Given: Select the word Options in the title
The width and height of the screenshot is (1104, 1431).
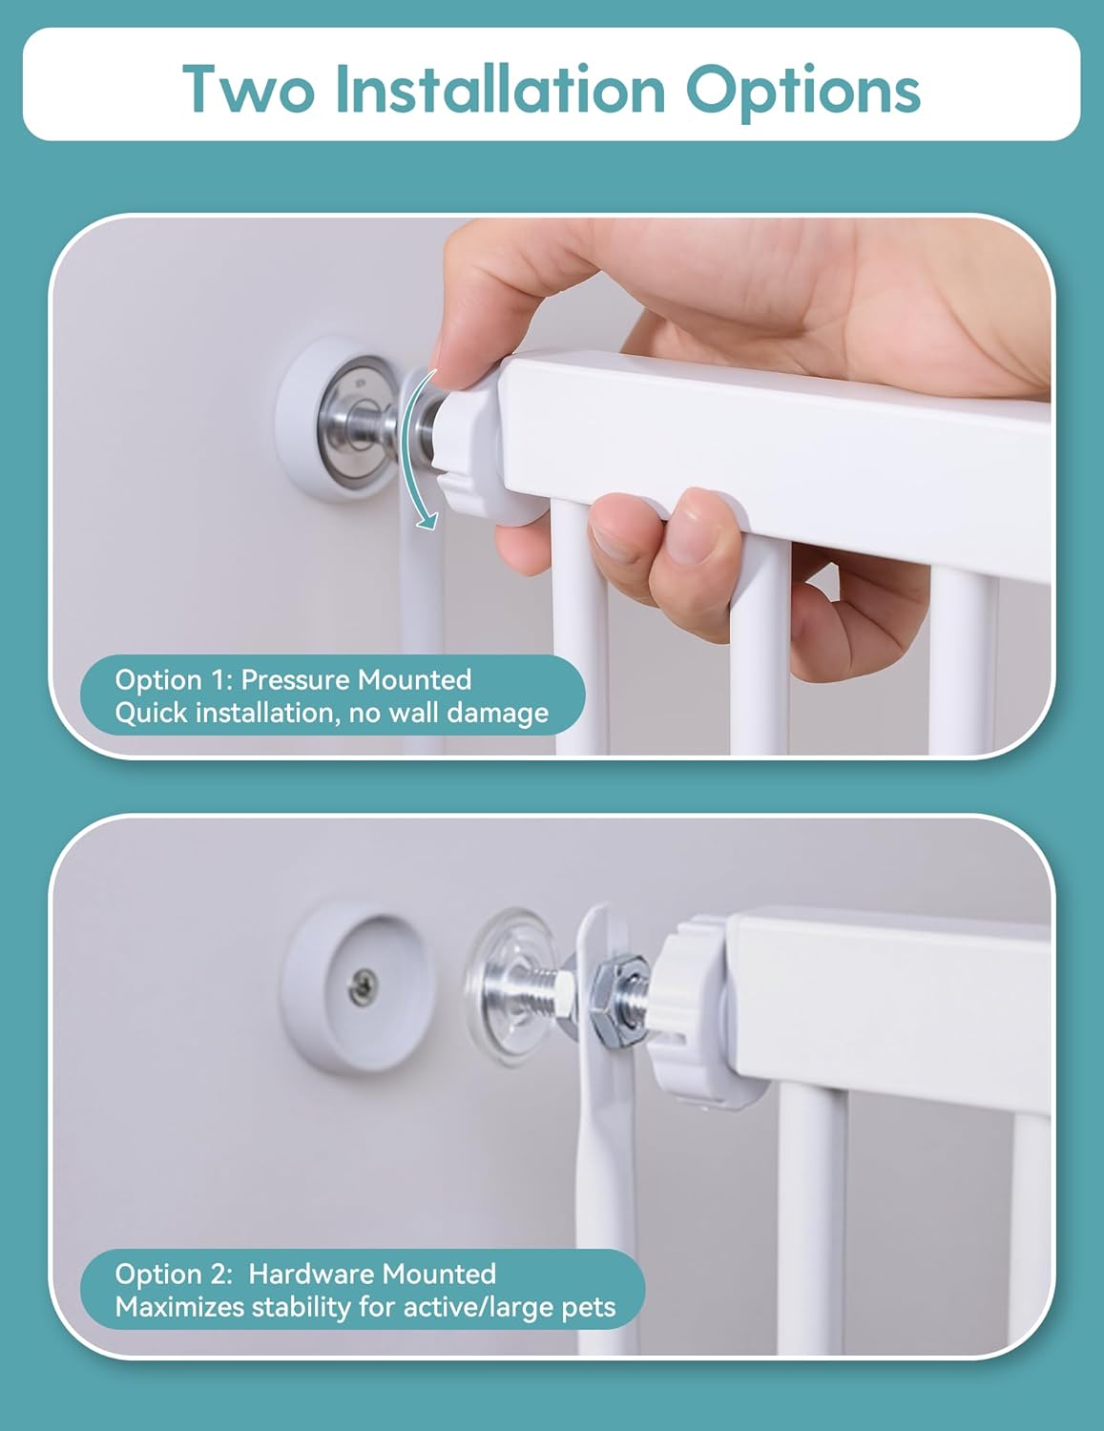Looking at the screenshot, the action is pyautogui.click(x=803, y=93).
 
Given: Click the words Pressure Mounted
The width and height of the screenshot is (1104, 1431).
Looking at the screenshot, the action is pyautogui.click(x=356, y=680).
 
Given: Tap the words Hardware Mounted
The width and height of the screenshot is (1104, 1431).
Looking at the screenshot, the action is pyautogui.click(x=372, y=1275).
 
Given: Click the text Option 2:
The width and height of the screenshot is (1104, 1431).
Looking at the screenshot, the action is pyautogui.click(x=174, y=1275).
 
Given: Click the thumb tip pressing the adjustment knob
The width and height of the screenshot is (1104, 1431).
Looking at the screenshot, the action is pyautogui.click(x=456, y=369).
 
